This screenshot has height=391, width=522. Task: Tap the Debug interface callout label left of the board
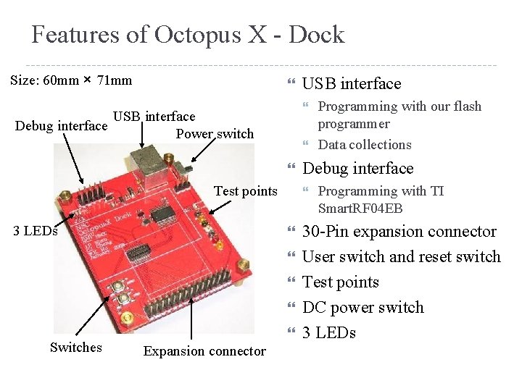pyautogui.click(x=62, y=127)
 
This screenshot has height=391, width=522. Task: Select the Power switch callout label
pyautogui.click(x=215, y=134)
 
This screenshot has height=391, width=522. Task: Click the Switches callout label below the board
pyautogui.click(x=75, y=348)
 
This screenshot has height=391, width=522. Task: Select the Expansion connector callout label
pyautogui.click(x=204, y=351)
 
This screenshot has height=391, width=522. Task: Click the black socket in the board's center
pyautogui.click(x=140, y=252)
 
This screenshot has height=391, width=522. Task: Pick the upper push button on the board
pyautogui.click(x=115, y=288)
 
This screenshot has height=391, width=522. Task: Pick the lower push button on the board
pyautogui.click(x=123, y=298)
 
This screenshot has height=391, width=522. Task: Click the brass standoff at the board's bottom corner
pyautogui.click(x=128, y=317)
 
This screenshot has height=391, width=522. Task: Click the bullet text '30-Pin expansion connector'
pyautogui.click(x=399, y=232)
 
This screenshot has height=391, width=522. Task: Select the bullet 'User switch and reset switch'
pyautogui.click(x=401, y=257)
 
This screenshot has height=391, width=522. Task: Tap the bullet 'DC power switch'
pyautogui.click(x=362, y=308)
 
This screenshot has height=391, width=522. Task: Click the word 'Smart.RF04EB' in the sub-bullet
pyautogui.click(x=360, y=209)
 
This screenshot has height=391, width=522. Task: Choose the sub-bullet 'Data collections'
pyautogui.click(x=365, y=145)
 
